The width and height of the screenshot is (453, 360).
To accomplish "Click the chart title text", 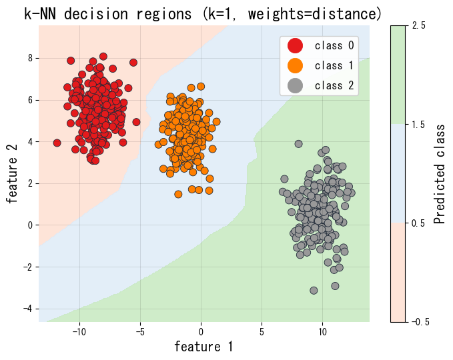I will tap(203, 13).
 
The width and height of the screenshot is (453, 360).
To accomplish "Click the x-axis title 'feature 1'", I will tap(203, 347).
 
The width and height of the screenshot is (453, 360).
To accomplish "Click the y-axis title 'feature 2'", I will tap(12, 174).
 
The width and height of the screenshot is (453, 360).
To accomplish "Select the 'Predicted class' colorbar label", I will tap(440, 174).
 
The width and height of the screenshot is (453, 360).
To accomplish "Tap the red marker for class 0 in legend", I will tap(294, 45).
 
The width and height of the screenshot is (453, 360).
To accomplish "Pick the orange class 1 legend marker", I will tap(294, 65).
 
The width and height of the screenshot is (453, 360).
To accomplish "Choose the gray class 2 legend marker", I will tap(294, 85).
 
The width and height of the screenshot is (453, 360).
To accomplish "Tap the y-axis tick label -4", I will tap(27, 309).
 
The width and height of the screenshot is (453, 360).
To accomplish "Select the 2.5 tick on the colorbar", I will tap(419, 25).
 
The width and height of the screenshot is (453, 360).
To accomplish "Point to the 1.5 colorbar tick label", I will tap(419, 124).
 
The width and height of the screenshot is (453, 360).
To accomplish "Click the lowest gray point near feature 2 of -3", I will tap(314, 290).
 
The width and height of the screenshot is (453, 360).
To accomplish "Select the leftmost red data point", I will tap(57, 143).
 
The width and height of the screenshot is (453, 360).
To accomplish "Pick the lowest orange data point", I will tap(178, 194).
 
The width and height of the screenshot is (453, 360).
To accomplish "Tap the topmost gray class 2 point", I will tap(298, 143).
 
